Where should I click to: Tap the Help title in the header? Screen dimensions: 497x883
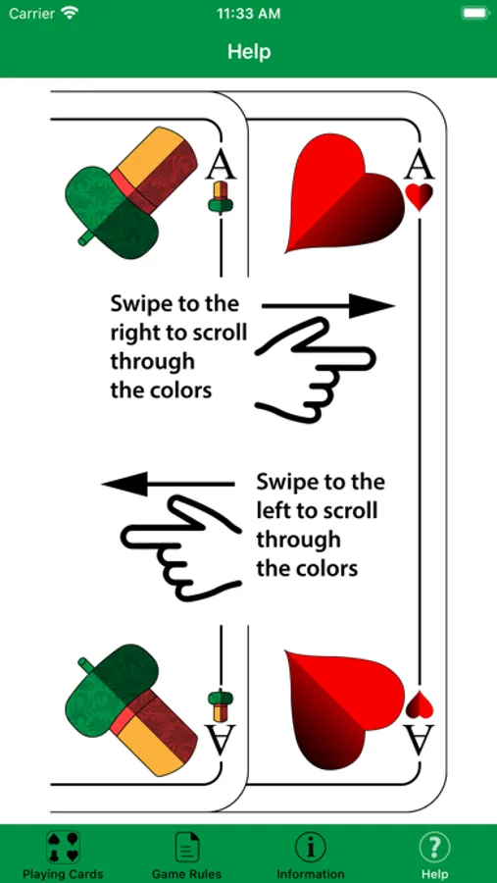pyautogui.click(x=249, y=52)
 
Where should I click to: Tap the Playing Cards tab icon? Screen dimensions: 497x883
pyautogui.click(x=63, y=847)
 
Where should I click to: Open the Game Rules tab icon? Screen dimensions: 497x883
pyautogui.click(x=187, y=847)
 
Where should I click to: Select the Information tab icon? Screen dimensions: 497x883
pyautogui.click(x=310, y=847)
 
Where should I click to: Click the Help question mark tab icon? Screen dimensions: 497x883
pyautogui.click(x=434, y=847)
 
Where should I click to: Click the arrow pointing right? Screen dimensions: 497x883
pyautogui.click(x=328, y=306)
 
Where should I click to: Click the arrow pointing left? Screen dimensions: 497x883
pyautogui.click(x=169, y=484)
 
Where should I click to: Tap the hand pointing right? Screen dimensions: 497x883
pyautogui.click(x=316, y=370)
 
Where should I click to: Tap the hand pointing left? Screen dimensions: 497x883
pyautogui.click(x=181, y=547)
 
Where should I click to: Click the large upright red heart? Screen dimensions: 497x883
pyautogui.click(x=344, y=193)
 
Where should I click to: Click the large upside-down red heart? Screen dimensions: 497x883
pyautogui.click(x=344, y=710)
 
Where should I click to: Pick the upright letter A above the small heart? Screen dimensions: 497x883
pyautogui.click(x=420, y=166)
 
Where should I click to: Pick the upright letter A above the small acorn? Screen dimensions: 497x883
pyautogui.click(x=221, y=166)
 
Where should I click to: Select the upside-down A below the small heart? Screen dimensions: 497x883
pyautogui.click(x=420, y=739)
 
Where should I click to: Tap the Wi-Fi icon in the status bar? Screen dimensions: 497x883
pyautogui.click(x=70, y=13)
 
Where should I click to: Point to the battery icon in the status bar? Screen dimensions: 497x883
pyautogui.click(x=474, y=13)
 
